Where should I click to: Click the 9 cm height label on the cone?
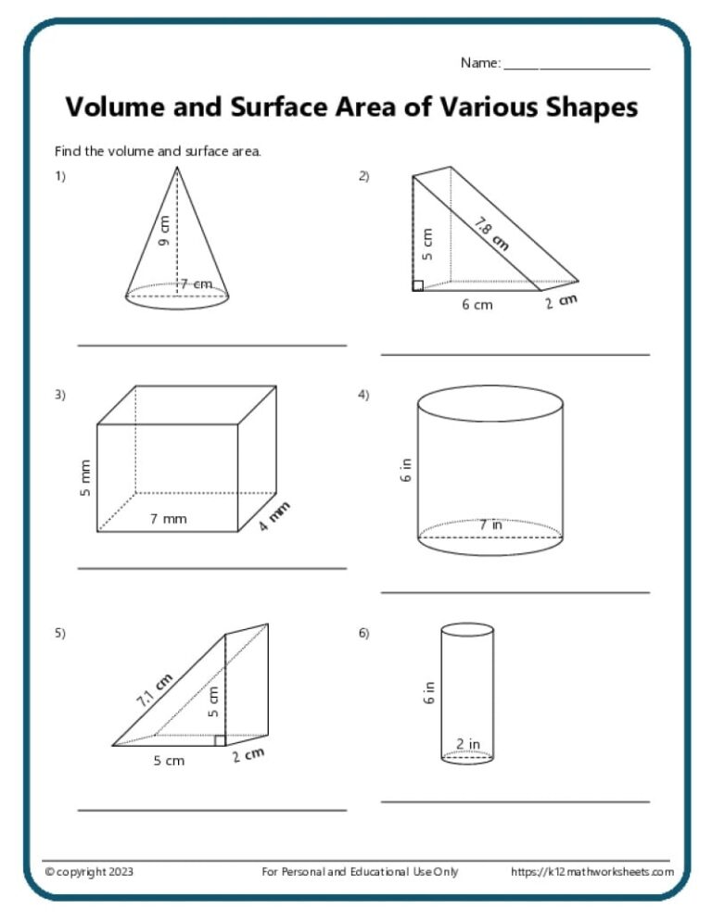pos(165,231)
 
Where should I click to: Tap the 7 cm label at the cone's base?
pos(196,283)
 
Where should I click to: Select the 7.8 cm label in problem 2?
pos(491,233)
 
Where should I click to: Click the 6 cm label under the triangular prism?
pos(477,305)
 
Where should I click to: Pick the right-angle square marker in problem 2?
pos(418,285)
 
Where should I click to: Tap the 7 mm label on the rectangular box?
pos(168,519)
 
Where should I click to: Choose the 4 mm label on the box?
pos(274,521)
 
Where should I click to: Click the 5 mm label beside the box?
pos(85,477)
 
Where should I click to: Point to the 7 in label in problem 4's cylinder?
pos(490,524)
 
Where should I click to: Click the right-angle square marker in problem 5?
pos(220,739)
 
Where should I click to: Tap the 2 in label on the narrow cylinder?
pos(467,743)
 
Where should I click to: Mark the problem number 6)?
pos(363,634)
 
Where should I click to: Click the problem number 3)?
pos(60,395)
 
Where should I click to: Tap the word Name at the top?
pos(478,63)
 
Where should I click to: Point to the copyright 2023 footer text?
pos(89,871)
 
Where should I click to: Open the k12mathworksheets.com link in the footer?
pos(592,871)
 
